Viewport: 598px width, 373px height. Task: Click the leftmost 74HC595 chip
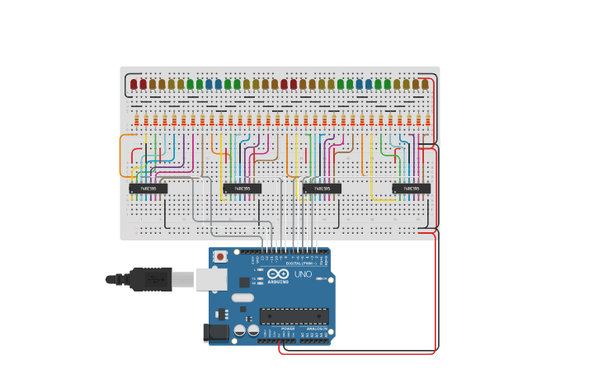[x=148, y=189]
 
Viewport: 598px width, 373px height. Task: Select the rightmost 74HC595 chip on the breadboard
[x=411, y=189]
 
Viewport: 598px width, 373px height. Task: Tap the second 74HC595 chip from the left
[x=242, y=189]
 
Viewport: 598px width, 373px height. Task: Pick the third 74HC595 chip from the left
[x=322, y=189]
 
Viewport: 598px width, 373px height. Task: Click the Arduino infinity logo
[x=278, y=274]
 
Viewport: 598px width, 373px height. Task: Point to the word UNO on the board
[x=303, y=274]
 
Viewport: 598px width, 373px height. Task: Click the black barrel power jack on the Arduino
[x=217, y=332]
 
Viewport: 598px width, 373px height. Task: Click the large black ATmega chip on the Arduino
[x=294, y=316]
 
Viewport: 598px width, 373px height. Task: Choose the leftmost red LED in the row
[x=134, y=84]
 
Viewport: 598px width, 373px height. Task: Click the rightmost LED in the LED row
[x=425, y=84]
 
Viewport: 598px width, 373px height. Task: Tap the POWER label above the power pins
[x=287, y=329]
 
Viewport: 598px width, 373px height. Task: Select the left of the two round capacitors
[x=240, y=330]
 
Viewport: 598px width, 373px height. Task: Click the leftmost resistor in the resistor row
[x=136, y=120]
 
